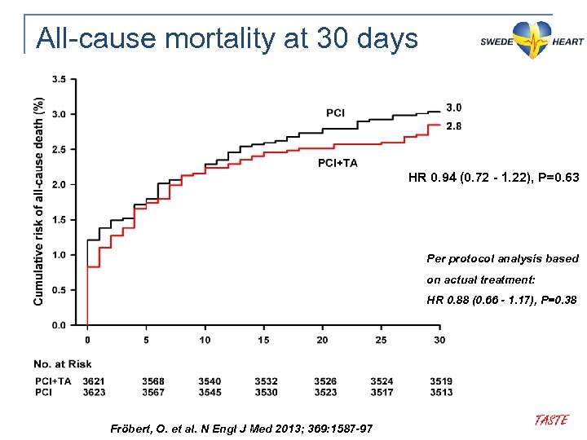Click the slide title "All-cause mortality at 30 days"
point(227,38)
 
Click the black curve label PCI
point(335,112)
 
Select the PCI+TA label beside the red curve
point(337,163)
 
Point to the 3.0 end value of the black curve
point(454,108)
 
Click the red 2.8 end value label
point(454,126)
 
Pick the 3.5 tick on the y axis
point(60,79)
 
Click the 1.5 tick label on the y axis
point(60,220)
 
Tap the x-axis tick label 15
point(263,340)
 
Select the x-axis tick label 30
point(439,340)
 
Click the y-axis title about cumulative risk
point(38,201)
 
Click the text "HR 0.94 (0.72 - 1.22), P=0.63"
point(494,177)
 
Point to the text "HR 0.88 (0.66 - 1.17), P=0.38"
point(502,300)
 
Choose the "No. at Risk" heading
point(63,363)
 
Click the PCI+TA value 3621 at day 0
point(94,381)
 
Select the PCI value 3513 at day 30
point(441,392)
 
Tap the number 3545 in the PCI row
point(209,392)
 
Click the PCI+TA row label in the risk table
point(53,381)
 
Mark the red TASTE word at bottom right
point(550,420)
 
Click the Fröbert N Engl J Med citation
point(241,428)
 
